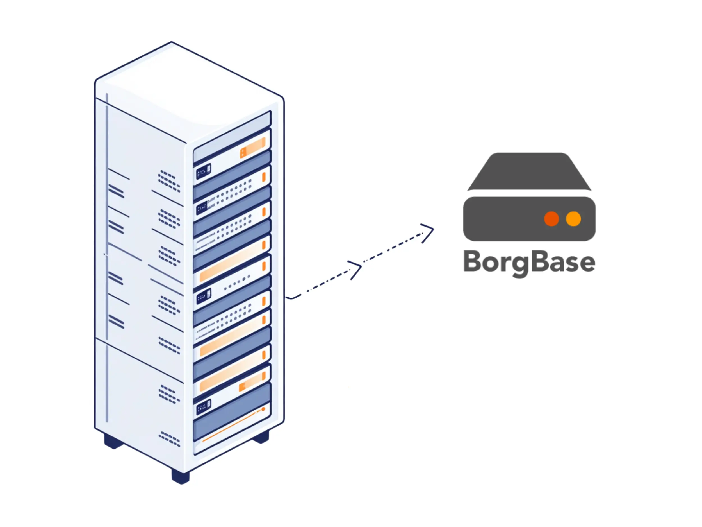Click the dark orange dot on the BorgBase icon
tap(551, 219)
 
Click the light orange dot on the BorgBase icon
tap(573, 219)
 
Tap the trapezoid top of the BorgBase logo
tap(529, 171)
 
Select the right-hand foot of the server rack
tap(261, 437)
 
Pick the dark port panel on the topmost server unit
tap(203, 171)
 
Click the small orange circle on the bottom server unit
tap(263, 409)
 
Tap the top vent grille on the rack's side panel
tap(169, 181)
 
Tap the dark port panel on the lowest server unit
tap(203, 407)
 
